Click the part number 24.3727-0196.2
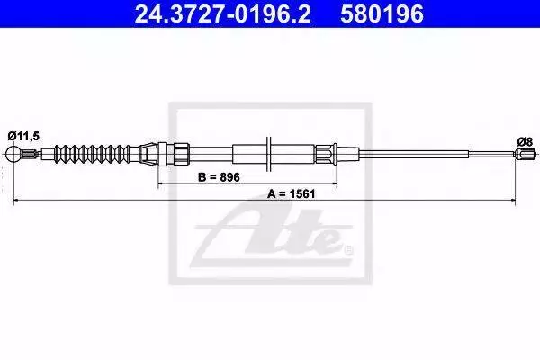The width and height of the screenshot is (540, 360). pyautogui.click(x=222, y=14)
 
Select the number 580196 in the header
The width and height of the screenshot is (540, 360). pyautogui.click(x=382, y=14)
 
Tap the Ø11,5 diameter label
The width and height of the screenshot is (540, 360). pyautogui.click(x=23, y=137)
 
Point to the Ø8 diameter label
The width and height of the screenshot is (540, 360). pyautogui.click(x=525, y=141)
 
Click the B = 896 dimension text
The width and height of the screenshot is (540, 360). pyautogui.click(x=219, y=177)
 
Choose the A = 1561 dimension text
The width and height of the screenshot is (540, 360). pyautogui.click(x=292, y=194)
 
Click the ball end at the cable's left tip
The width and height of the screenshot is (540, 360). pyautogui.click(x=13, y=154)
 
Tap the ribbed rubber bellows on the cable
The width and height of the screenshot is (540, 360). pyautogui.click(x=93, y=153)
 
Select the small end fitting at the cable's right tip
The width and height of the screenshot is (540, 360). pyautogui.click(x=526, y=153)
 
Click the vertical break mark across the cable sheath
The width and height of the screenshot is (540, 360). pyautogui.click(x=268, y=154)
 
